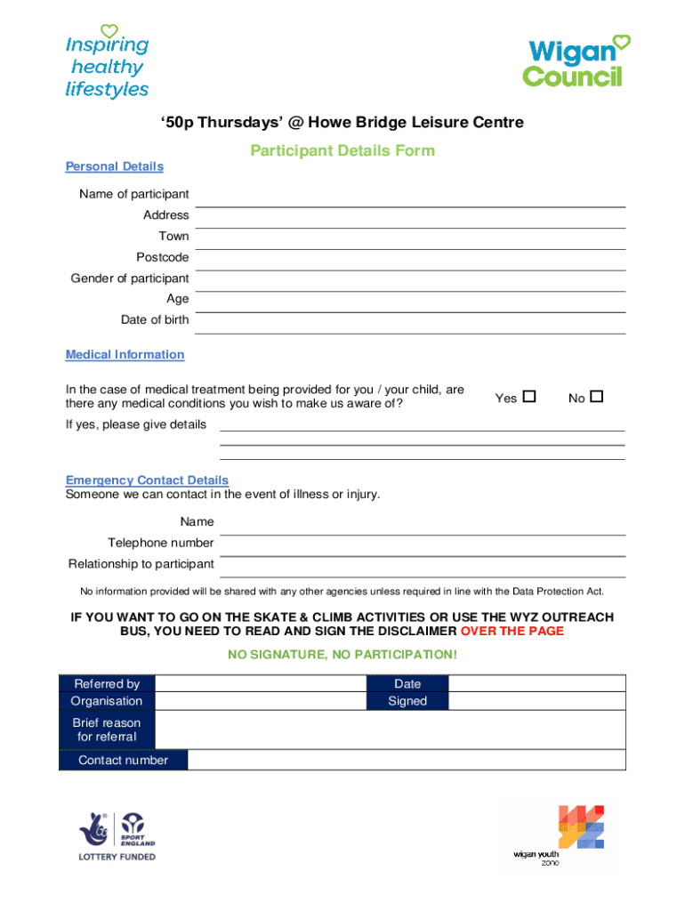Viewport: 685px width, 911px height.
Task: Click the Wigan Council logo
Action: [x=575, y=62]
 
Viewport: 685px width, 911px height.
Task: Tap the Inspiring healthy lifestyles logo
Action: [x=107, y=62]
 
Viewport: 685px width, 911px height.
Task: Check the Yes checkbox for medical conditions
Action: [x=529, y=397]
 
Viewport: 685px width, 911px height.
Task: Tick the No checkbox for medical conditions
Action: [x=596, y=397]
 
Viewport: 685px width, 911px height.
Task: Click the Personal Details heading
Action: [x=115, y=166]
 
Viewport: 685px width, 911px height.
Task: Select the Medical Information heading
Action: [x=125, y=354]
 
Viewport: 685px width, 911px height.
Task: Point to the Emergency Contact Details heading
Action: [x=147, y=480]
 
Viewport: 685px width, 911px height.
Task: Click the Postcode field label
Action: [x=163, y=257]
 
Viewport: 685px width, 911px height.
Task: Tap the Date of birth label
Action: [x=155, y=320]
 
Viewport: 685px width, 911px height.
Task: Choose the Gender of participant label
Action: [x=130, y=278]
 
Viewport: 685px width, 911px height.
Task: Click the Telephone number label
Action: [x=161, y=543]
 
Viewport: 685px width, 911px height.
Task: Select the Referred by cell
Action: [x=107, y=684]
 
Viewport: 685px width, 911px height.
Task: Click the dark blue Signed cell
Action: [x=407, y=701]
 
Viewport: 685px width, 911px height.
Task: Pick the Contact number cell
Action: [x=123, y=760]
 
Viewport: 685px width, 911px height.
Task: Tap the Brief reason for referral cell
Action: [x=107, y=730]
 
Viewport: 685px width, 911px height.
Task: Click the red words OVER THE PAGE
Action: [x=512, y=631]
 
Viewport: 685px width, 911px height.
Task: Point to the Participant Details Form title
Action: [x=342, y=150]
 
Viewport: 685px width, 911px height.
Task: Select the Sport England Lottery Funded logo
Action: [x=117, y=836]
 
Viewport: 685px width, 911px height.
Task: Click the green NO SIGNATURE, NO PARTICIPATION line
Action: [x=342, y=655]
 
